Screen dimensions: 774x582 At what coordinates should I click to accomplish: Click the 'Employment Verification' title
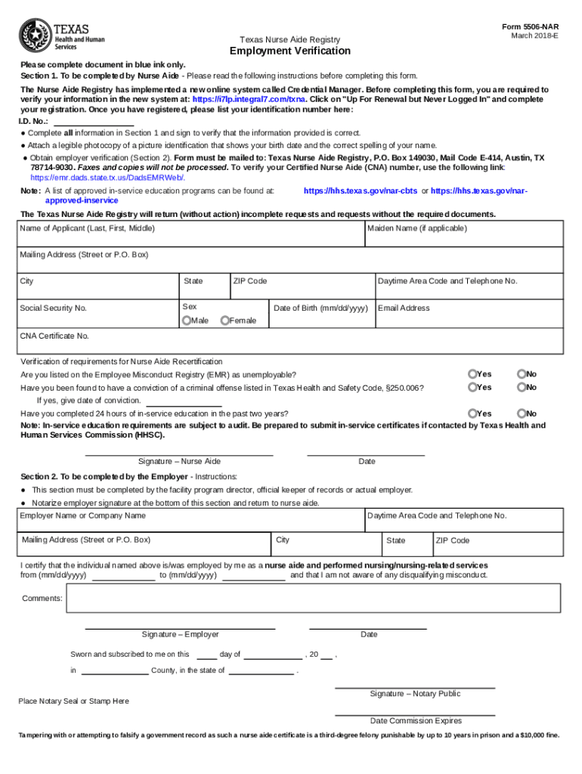[x=290, y=51]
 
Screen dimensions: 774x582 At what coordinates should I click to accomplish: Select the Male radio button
[x=186, y=320]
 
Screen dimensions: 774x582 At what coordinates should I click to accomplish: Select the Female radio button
[x=224, y=320]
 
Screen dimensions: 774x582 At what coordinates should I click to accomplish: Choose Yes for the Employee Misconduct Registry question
[x=472, y=374]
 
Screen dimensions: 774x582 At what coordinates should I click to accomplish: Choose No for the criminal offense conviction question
[x=521, y=387]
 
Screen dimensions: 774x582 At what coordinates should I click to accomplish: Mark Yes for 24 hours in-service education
[x=472, y=413]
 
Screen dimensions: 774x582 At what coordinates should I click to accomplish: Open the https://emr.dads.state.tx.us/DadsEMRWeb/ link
[x=107, y=177]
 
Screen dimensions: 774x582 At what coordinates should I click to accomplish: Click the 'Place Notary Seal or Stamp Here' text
[x=73, y=701]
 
